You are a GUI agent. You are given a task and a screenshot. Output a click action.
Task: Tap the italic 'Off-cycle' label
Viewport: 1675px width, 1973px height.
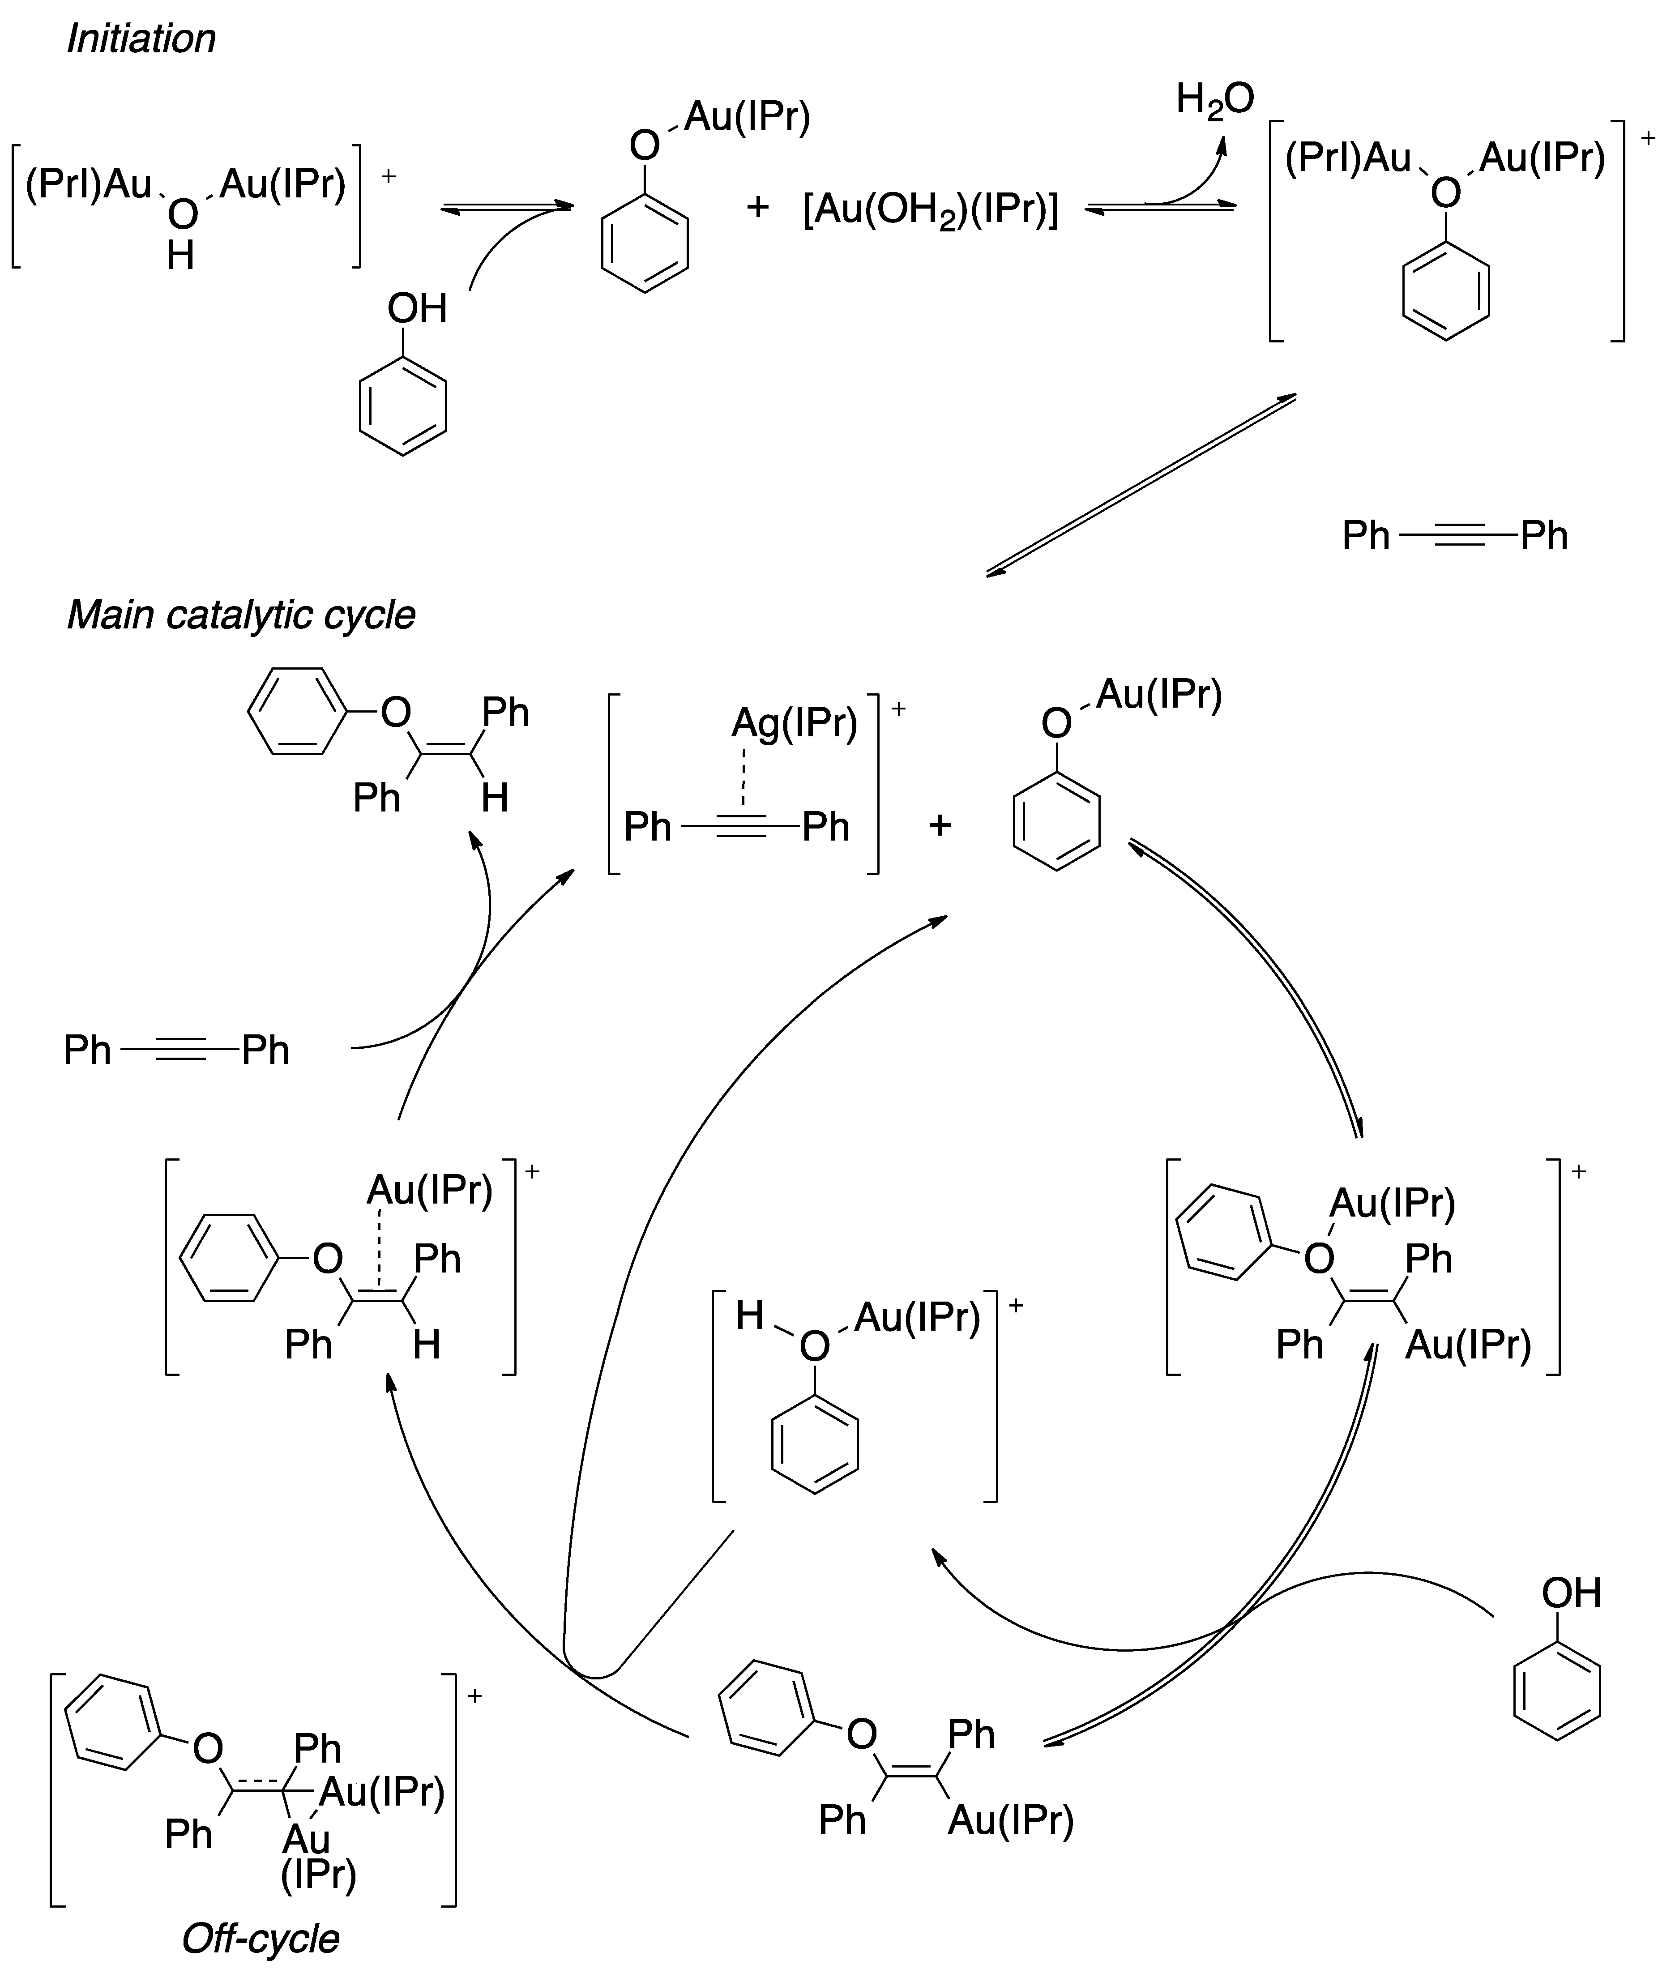(x=260, y=1938)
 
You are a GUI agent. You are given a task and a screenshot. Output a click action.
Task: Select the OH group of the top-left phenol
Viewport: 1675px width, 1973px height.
(x=417, y=308)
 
